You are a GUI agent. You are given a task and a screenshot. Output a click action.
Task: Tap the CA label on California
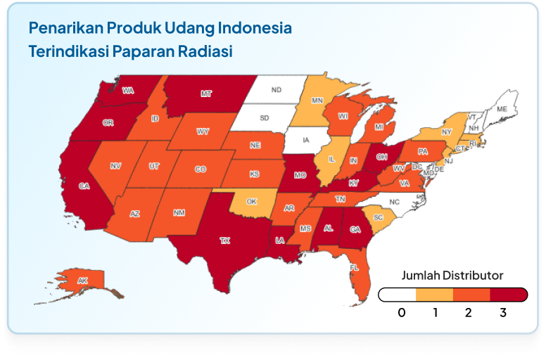pyautogui.click(x=84, y=186)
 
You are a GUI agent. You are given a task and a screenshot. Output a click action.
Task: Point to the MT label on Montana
pyautogui.click(x=206, y=93)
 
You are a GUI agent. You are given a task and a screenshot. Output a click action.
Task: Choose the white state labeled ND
pyautogui.click(x=277, y=90)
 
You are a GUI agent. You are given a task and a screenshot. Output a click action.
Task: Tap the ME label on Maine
pyautogui.click(x=502, y=110)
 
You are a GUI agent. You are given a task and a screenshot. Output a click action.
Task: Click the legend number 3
pyautogui.click(x=503, y=312)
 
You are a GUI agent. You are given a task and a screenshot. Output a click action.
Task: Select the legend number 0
pyautogui.click(x=402, y=312)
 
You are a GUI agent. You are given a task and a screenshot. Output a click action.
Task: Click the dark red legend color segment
pyautogui.click(x=508, y=294)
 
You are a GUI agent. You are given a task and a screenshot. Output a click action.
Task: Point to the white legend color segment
pyautogui.click(x=398, y=294)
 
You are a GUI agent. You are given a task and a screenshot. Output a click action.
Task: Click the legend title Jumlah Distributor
pyautogui.click(x=452, y=275)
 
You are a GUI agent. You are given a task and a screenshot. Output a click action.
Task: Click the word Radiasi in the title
pyautogui.click(x=207, y=52)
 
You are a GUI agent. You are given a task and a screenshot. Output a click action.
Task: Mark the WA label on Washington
pyautogui.click(x=128, y=91)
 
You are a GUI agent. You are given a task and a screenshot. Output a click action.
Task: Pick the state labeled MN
pyautogui.click(x=317, y=101)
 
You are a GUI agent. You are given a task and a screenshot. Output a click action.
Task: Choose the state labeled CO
pyautogui.click(x=201, y=169)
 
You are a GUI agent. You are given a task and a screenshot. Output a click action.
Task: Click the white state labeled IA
pyautogui.click(x=305, y=140)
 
